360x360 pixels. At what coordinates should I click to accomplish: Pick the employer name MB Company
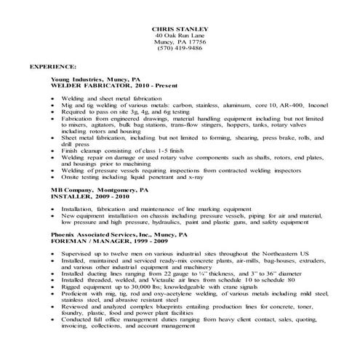pyautogui.click(x=71, y=189)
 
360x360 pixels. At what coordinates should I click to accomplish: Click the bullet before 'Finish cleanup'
pyautogui.click(x=55, y=150)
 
